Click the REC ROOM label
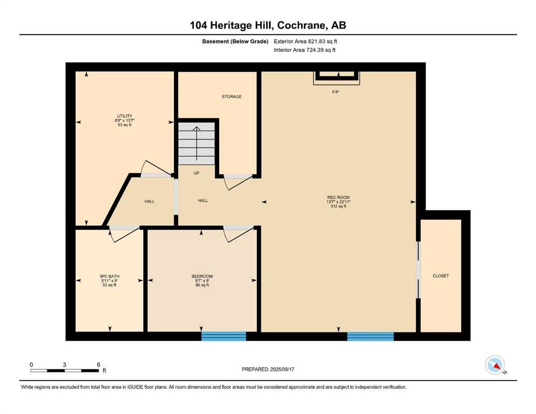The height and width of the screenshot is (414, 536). click(x=338, y=197)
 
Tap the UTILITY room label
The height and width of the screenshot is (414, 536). click(x=125, y=116)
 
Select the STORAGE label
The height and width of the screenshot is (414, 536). click(x=232, y=96)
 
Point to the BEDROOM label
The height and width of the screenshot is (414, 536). click(x=202, y=276)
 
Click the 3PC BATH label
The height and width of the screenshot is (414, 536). click(x=110, y=276)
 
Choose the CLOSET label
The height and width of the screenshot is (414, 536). click(x=440, y=276)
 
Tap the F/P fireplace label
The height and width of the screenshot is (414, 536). click(x=335, y=92)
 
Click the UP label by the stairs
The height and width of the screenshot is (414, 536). click(x=196, y=173)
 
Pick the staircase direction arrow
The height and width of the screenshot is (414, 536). click(x=196, y=143)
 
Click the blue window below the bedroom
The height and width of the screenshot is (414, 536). click(x=223, y=336)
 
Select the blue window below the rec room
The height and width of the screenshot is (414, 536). click(x=370, y=336)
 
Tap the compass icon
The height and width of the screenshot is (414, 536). click(x=495, y=365)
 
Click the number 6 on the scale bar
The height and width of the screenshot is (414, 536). click(x=98, y=364)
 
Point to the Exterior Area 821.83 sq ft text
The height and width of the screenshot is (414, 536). click(x=306, y=42)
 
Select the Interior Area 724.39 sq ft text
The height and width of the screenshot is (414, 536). click(x=304, y=50)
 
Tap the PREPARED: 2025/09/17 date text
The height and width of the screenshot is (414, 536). click(x=268, y=369)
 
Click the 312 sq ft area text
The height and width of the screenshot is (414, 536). click(x=338, y=206)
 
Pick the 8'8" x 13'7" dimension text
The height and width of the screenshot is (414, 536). click(x=125, y=120)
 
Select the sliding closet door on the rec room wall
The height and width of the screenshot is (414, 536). click(x=418, y=270)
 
